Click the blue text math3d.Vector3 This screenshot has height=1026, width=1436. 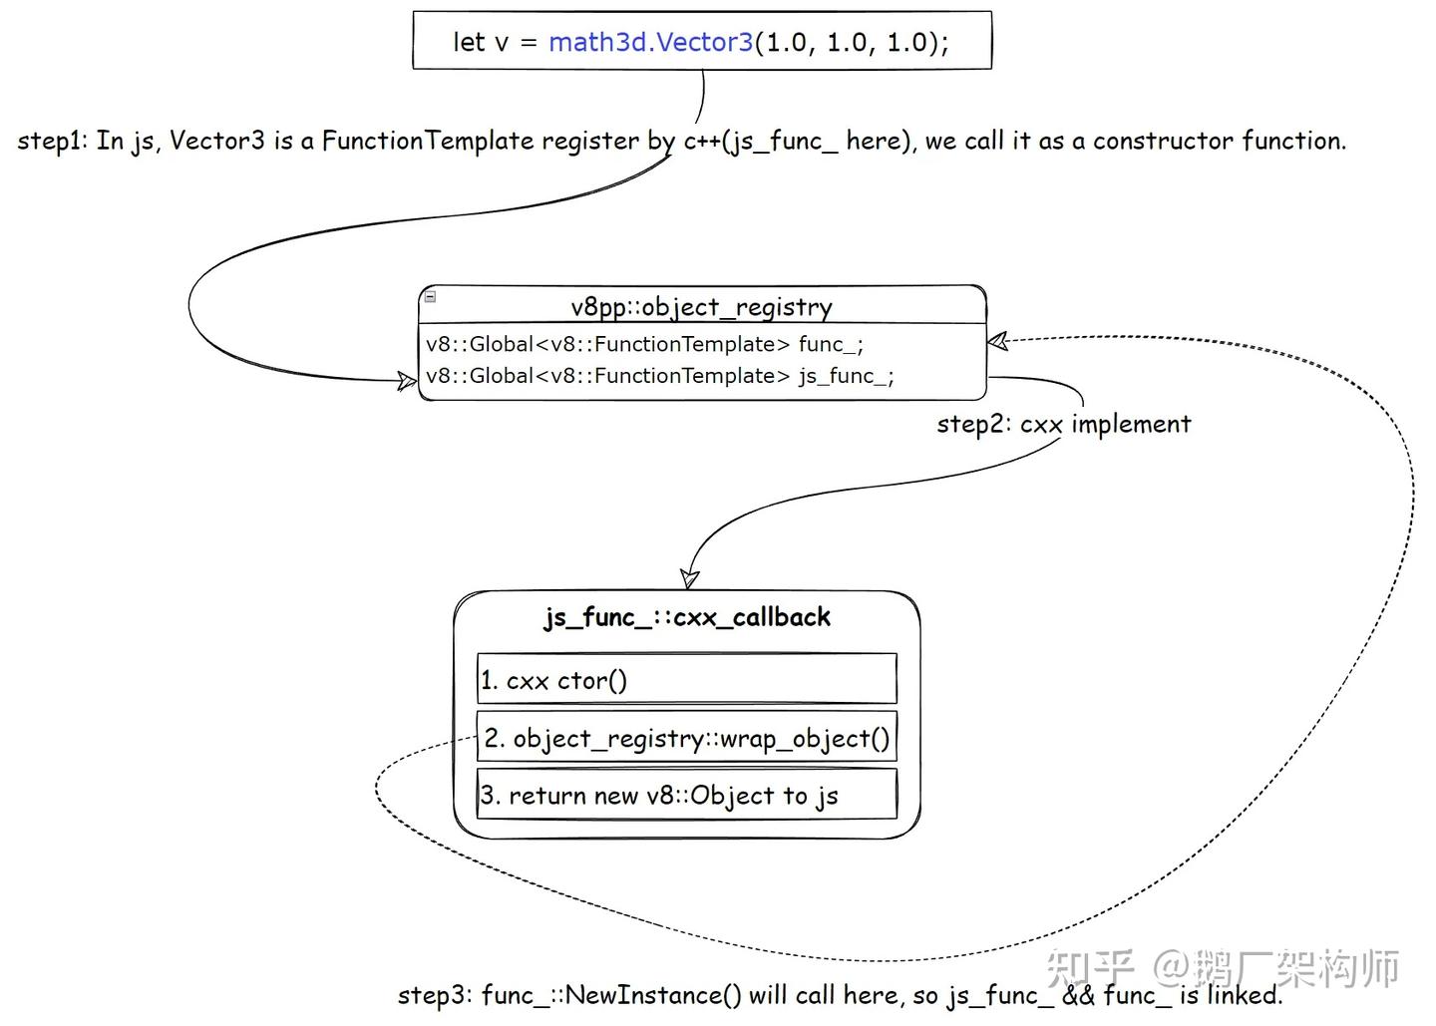[650, 42]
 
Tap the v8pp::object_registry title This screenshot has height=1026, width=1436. [701, 308]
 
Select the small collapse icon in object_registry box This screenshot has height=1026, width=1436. [431, 297]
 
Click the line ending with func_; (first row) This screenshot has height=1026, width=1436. [644, 345]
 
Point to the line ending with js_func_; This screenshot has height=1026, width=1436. [660, 376]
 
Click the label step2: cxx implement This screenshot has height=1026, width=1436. [1063, 424]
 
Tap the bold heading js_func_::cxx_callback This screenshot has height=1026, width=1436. [687, 618]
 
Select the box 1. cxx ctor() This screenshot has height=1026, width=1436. [686, 678]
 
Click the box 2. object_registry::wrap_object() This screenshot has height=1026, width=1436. [686, 736]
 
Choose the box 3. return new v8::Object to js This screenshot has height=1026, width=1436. [686, 794]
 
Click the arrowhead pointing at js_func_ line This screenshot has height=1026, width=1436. [407, 381]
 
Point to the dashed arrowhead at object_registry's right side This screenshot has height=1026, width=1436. [997, 341]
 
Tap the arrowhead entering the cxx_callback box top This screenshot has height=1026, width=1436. [689, 579]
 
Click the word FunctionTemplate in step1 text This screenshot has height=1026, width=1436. [428, 141]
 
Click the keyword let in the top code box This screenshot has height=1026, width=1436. [468, 42]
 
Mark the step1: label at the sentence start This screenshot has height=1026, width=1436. [52, 141]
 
